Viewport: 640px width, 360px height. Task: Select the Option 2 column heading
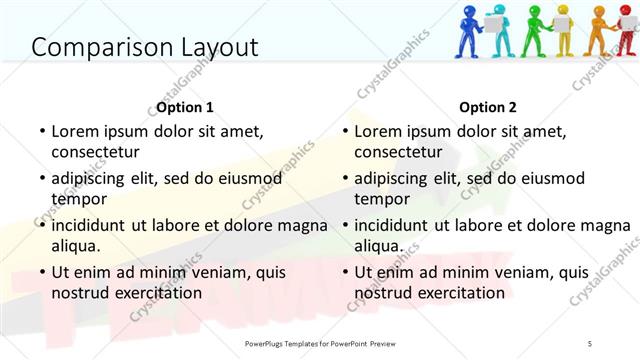coord(488,107)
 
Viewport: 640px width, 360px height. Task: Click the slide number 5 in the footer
coord(590,343)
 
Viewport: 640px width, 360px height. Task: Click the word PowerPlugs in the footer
coord(270,343)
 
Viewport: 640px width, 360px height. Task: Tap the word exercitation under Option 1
coord(156,293)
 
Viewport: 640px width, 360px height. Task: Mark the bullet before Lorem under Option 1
coord(41,131)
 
